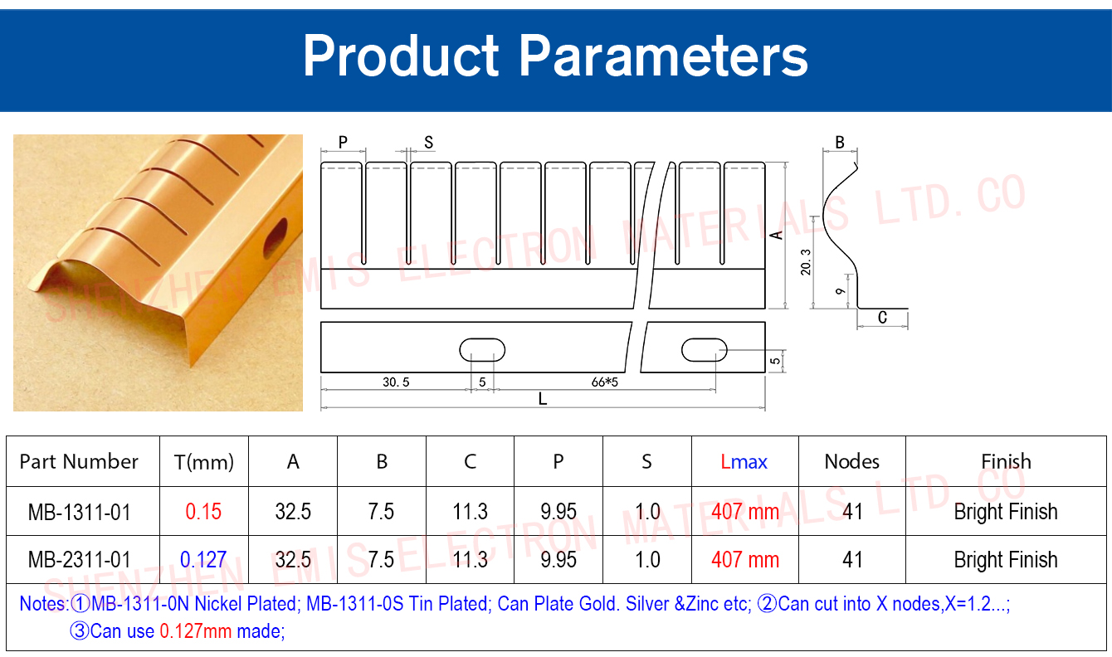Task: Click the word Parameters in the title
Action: point(663,56)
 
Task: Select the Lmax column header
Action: point(744,462)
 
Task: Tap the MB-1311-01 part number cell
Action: point(80,512)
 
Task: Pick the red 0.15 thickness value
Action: point(203,512)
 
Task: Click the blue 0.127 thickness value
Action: point(203,560)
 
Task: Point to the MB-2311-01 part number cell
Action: point(80,560)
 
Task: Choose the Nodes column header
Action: point(852,462)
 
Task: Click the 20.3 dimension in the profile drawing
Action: point(805,262)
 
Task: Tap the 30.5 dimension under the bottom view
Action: point(396,382)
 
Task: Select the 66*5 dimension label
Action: point(605,382)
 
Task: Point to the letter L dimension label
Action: point(543,398)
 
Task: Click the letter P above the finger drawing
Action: point(343,143)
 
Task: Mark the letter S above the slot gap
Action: point(429,143)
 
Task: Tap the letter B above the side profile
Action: point(840,143)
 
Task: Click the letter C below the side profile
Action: point(882,318)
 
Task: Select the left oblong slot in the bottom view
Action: point(482,350)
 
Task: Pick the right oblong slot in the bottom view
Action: point(704,350)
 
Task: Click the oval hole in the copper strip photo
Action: point(276,238)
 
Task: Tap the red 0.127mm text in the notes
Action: point(196,631)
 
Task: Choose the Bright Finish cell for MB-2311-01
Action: point(1006,560)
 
